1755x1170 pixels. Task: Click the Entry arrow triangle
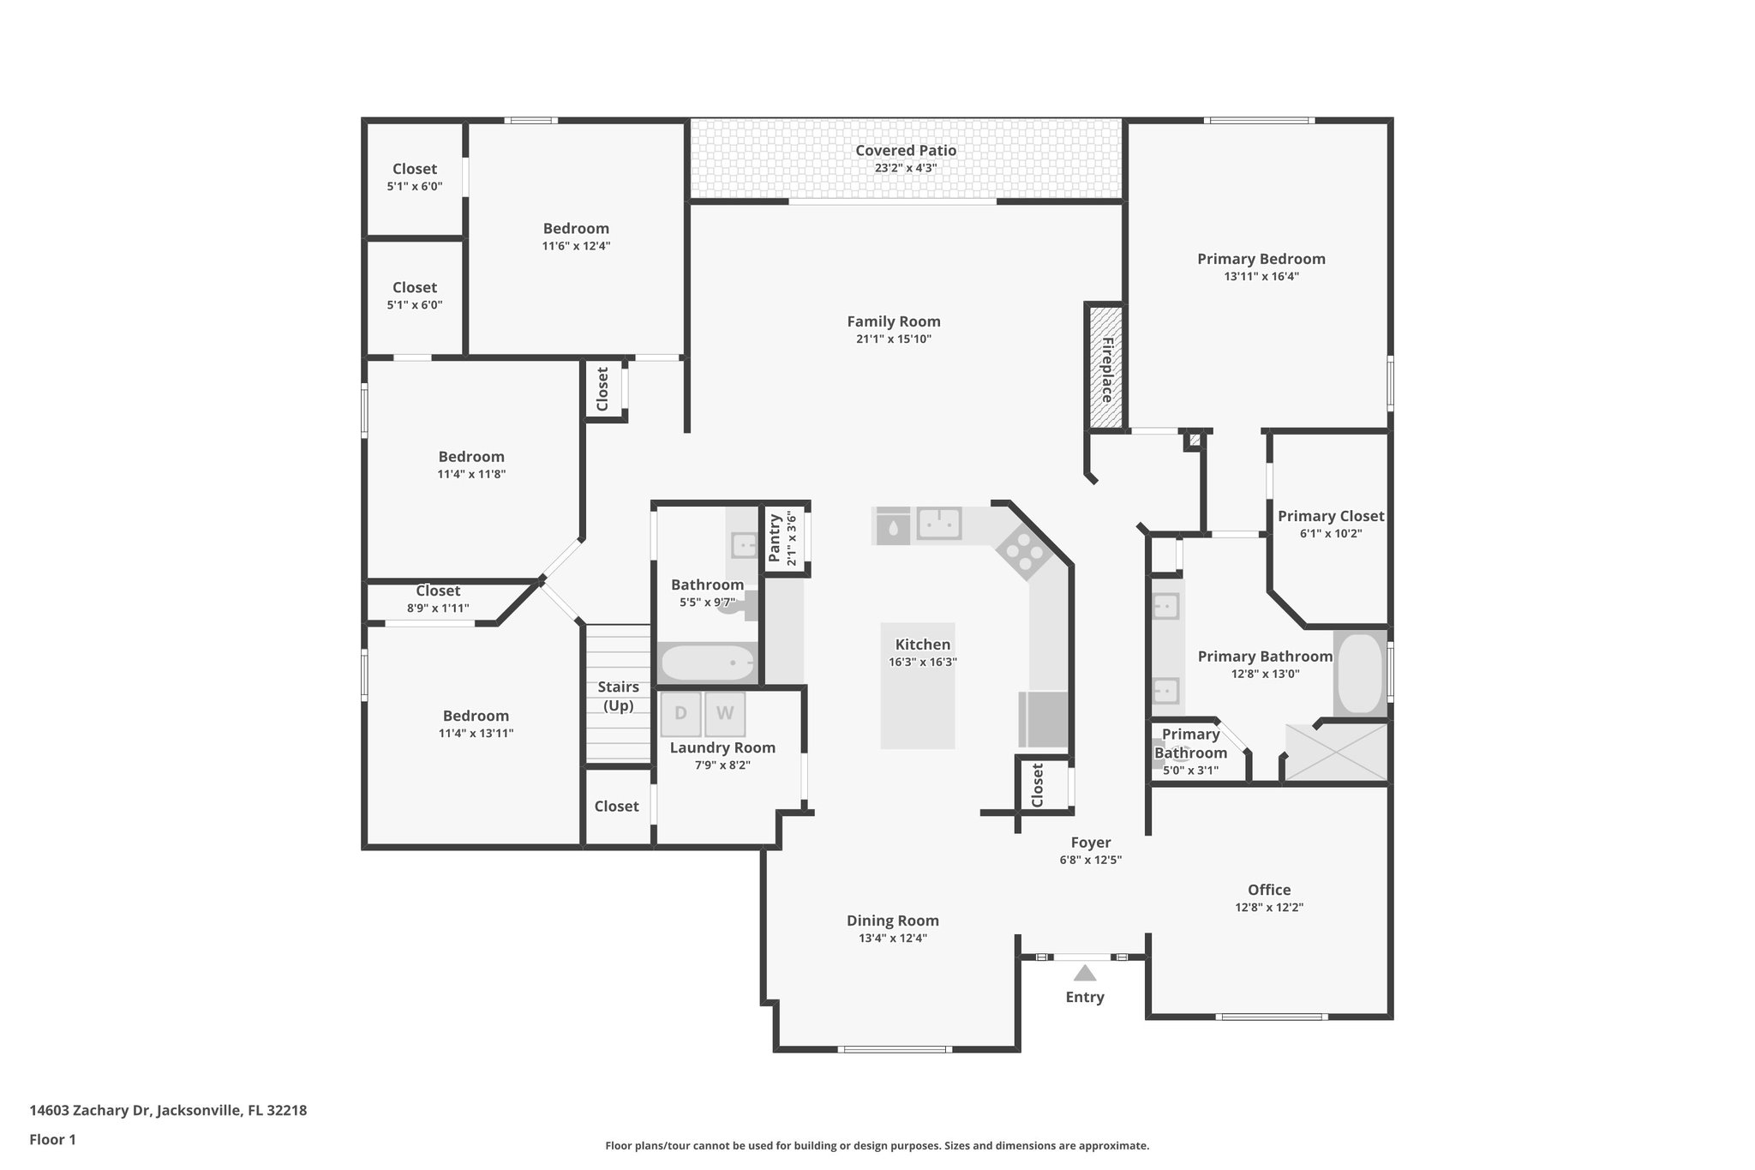tap(1085, 973)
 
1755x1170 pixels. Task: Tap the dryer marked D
tap(680, 714)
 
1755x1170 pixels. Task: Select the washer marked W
tap(725, 714)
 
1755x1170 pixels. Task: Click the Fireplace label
tap(1106, 369)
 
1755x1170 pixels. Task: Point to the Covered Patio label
tap(905, 151)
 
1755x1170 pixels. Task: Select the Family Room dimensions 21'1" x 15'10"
tap(894, 339)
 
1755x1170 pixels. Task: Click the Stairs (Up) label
tap(618, 696)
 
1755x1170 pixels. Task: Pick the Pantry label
tap(775, 538)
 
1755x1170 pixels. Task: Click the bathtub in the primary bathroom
tap(1360, 674)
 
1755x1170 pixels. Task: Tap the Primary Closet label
tap(1330, 516)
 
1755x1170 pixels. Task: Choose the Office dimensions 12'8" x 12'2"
tap(1268, 908)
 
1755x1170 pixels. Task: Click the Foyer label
tap(1090, 843)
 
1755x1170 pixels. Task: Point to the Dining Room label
tap(893, 921)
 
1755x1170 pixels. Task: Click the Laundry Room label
tap(722, 747)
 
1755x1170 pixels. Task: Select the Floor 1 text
tap(53, 1140)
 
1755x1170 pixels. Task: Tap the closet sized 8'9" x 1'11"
tap(438, 599)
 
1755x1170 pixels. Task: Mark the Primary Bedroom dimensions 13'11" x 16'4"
tap(1261, 277)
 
